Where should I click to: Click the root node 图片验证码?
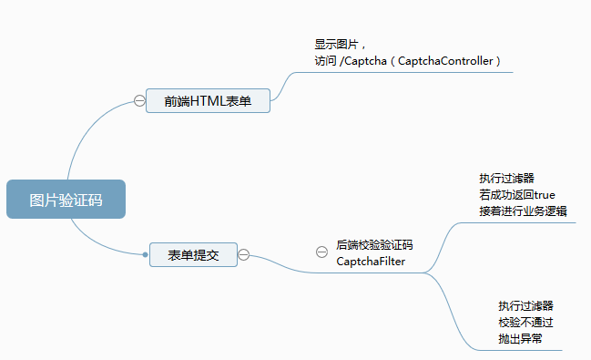pyautogui.click(x=65, y=200)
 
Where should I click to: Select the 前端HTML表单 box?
pyautogui.click(x=208, y=100)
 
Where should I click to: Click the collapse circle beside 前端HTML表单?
pyautogui.click(x=139, y=100)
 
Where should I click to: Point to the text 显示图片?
pyautogui.click(x=337, y=44)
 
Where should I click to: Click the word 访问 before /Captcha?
pyautogui.click(x=324, y=60)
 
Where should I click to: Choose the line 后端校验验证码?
pyautogui.click(x=374, y=245)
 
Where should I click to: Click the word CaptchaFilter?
pyautogui.click(x=371, y=262)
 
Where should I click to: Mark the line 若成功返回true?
pyautogui.click(x=516, y=194)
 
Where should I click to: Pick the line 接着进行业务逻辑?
pyautogui.click(x=523, y=211)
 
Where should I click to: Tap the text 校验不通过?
pyautogui.click(x=525, y=322)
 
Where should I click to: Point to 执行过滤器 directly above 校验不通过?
pyautogui.click(x=525, y=305)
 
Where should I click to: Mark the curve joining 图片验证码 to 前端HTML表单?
pyautogui.click(x=91, y=128)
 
